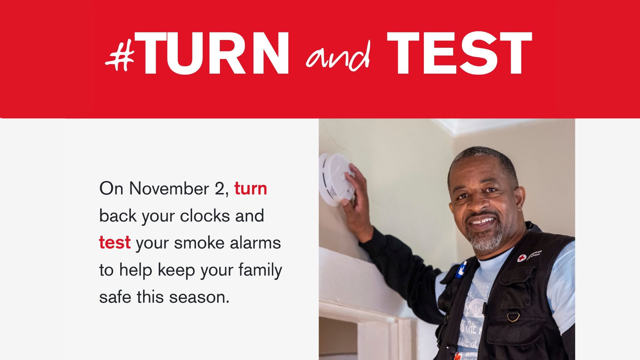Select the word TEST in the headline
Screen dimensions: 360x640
(459, 53)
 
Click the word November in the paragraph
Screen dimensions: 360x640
(169, 189)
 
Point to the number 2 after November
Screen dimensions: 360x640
(220, 189)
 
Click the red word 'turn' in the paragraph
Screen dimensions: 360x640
(251, 189)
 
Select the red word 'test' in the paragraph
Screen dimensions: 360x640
(115, 243)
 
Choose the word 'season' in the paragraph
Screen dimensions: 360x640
(199, 297)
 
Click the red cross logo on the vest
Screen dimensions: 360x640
(522, 258)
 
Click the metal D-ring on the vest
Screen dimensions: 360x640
(513, 316)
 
